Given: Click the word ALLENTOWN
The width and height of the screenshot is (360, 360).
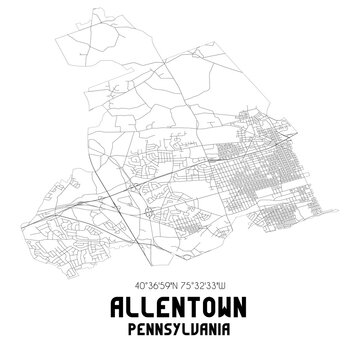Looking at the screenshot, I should pos(180,305).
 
